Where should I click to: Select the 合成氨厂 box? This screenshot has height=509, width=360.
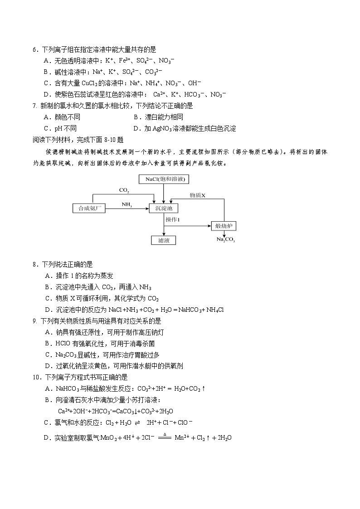pyautogui.click(x=89, y=208)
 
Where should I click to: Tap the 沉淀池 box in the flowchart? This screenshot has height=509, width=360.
pyautogui.click(x=164, y=208)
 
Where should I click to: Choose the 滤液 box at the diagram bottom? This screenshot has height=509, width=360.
pyautogui.click(x=164, y=241)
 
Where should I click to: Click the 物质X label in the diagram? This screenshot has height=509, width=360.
pyautogui.click(x=198, y=195)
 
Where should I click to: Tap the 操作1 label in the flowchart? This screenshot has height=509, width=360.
pyautogui.click(x=173, y=220)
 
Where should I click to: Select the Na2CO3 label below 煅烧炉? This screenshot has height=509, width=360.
pyautogui.click(x=225, y=239)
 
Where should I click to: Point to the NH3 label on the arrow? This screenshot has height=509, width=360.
pyautogui.click(x=126, y=204)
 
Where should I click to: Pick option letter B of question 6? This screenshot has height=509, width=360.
pyautogui.click(x=46, y=72)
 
